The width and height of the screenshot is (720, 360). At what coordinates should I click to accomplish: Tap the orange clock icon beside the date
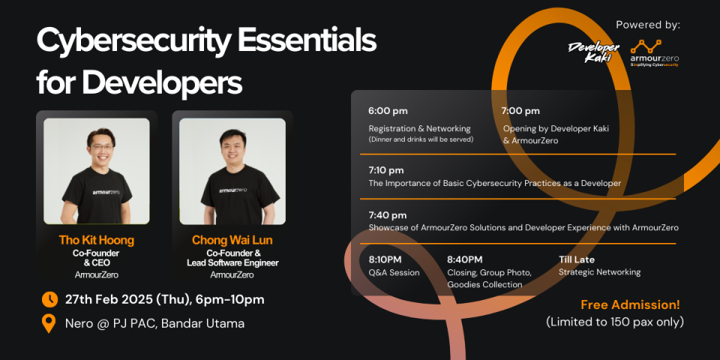[49, 300]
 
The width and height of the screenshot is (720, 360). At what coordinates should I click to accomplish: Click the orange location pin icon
[49, 324]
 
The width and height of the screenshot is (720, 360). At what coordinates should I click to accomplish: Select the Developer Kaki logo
[594, 52]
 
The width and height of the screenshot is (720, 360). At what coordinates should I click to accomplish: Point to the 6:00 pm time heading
[388, 111]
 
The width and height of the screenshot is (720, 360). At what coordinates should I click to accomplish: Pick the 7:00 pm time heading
[520, 111]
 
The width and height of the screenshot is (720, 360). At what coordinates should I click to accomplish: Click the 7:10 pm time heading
[386, 170]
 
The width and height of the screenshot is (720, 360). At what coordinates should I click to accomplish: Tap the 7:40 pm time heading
[388, 215]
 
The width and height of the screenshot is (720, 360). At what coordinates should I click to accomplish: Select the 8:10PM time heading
[387, 260]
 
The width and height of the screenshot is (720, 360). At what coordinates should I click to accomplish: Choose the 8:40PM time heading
[465, 260]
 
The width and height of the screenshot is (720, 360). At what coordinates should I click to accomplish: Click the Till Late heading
[576, 260]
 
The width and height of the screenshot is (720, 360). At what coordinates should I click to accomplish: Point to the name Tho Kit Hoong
[97, 240]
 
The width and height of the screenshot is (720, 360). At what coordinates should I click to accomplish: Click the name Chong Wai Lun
[232, 240]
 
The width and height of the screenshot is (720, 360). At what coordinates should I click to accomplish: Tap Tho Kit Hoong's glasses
[102, 148]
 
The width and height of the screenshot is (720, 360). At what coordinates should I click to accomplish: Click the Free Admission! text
[630, 305]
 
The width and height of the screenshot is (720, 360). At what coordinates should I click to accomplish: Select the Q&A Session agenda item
[394, 273]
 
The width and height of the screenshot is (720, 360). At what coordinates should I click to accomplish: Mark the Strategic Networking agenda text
[599, 272]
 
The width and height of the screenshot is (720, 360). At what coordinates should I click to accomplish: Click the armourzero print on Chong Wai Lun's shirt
[232, 190]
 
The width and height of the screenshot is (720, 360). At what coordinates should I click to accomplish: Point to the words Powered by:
[648, 25]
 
